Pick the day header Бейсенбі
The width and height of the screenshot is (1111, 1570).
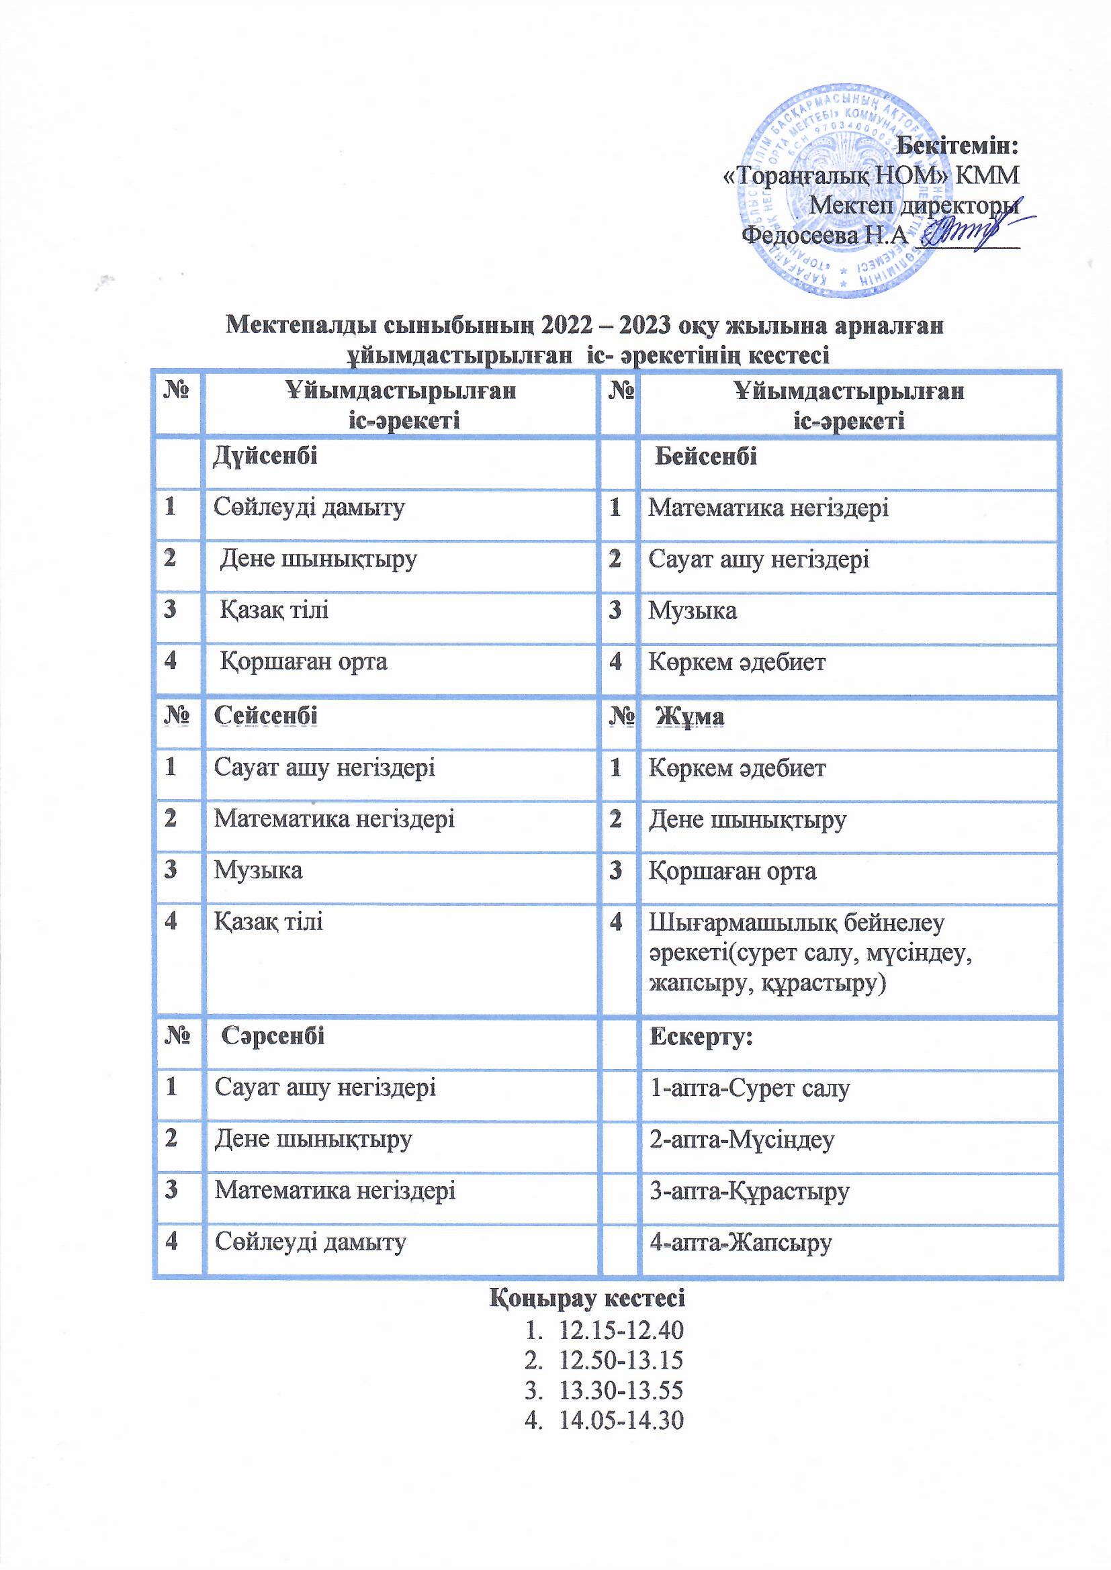coord(705,456)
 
